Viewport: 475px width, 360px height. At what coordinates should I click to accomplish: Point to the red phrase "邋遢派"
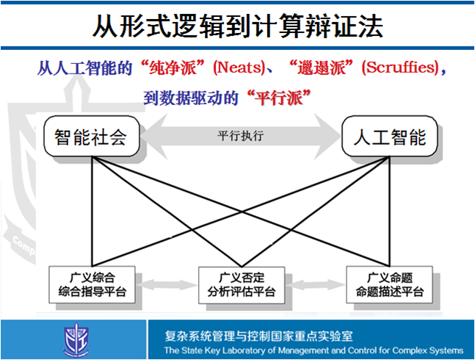[x=324, y=69]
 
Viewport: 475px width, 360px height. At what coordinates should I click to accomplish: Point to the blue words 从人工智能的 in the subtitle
[x=84, y=69]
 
